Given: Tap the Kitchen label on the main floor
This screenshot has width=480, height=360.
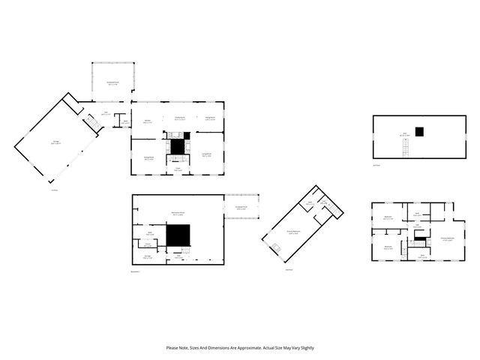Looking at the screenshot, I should coord(148,121).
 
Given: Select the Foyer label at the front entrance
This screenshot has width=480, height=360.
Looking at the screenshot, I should coord(178,169).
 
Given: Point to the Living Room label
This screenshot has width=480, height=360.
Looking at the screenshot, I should coord(207,154).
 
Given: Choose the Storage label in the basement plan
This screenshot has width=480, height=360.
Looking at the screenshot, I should coord(148,257).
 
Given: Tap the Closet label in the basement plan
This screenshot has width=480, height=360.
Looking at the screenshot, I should coord(148,244).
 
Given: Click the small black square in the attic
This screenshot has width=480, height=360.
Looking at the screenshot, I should coord(420,132).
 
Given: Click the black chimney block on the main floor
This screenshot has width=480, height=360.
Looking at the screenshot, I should coord(178,146).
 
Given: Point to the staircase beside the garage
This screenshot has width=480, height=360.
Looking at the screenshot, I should coord(92,121).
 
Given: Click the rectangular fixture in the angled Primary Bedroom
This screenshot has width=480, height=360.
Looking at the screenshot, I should coord(276,247).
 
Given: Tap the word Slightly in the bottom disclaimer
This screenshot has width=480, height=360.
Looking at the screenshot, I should coord(306,348).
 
